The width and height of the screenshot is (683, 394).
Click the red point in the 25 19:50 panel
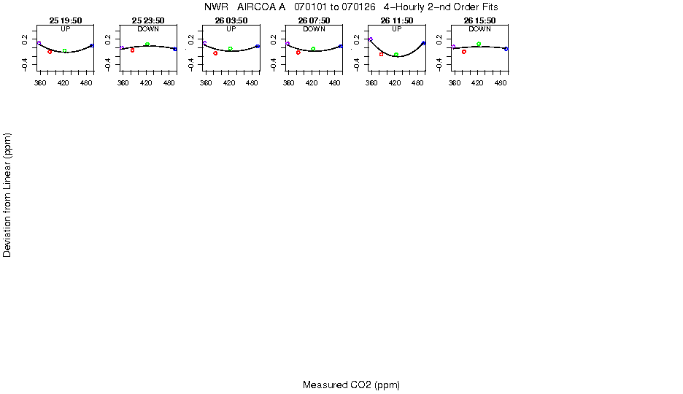click(x=50, y=52)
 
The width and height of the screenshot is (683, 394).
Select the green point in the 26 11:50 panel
click(x=396, y=55)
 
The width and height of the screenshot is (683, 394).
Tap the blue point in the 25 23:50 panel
click(x=175, y=49)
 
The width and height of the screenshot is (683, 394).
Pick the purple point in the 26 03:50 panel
click(x=205, y=42)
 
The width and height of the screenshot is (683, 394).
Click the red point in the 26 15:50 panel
click(x=464, y=52)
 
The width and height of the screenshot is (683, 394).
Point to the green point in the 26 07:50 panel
click(x=313, y=49)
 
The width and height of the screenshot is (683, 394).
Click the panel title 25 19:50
click(x=66, y=20)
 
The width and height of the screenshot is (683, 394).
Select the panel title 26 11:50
click(x=397, y=20)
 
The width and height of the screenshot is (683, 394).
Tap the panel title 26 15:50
click(x=479, y=20)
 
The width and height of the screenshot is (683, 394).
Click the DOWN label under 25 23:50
click(x=148, y=29)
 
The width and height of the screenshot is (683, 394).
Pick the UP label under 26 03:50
click(x=231, y=29)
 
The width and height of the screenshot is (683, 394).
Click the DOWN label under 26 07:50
click(x=314, y=29)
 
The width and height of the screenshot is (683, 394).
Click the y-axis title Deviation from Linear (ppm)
click(x=7, y=195)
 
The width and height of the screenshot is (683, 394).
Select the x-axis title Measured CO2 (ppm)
click(x=352, y=385)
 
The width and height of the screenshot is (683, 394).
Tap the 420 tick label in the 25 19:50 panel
click(x=63, y=82)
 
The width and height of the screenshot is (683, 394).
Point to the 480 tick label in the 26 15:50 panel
click(x=501, y=82)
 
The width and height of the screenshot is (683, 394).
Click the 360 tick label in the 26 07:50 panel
click(x=289, y=82)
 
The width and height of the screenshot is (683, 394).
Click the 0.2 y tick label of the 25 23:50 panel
click(x=108, y=39)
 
